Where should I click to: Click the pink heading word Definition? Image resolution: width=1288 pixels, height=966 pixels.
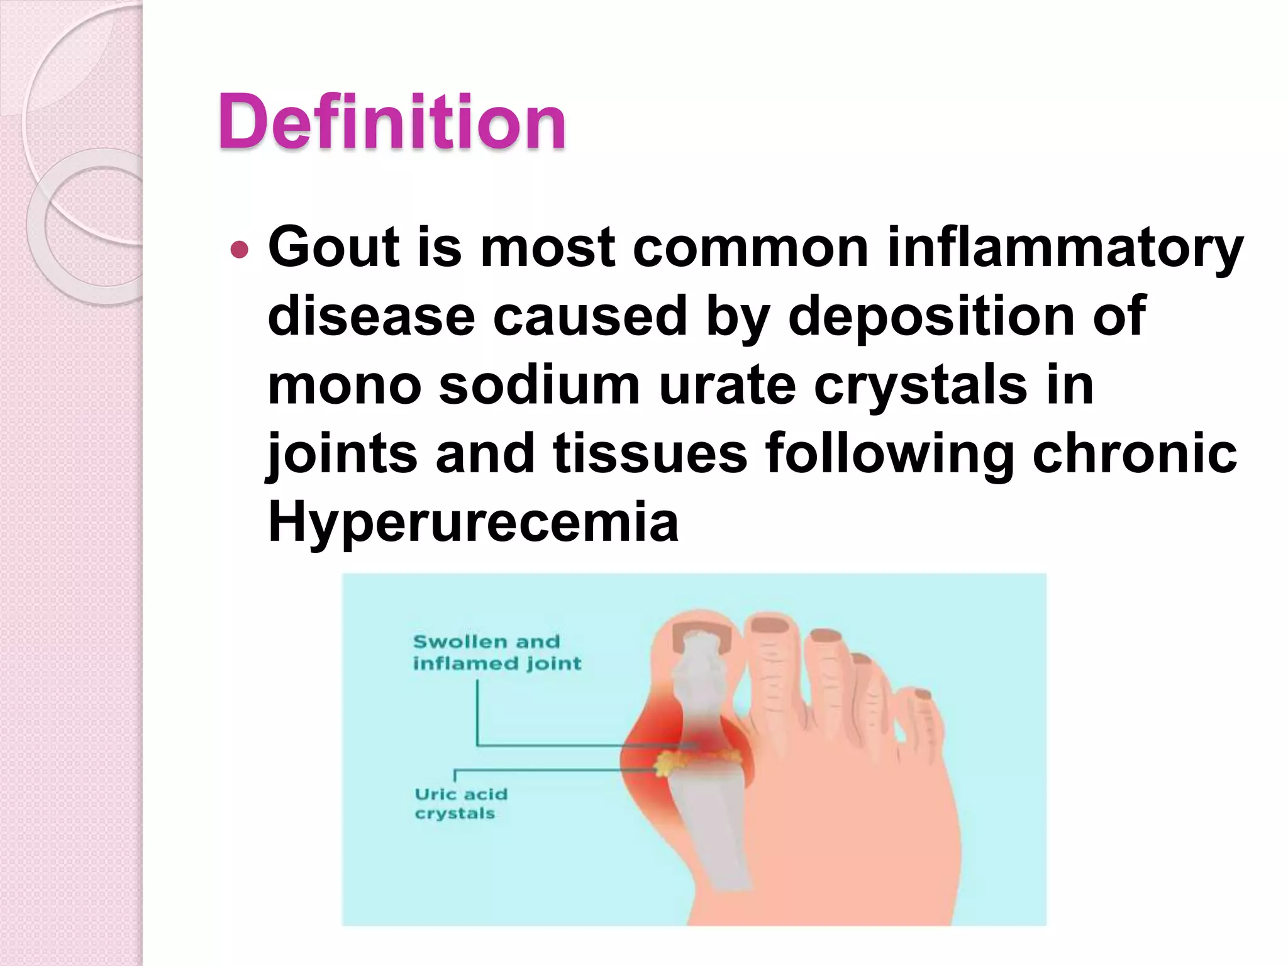pos(391,122)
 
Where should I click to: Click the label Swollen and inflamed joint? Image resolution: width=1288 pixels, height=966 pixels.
pos(497,652)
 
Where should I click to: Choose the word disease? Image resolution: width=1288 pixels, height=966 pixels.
pos(371,316)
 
